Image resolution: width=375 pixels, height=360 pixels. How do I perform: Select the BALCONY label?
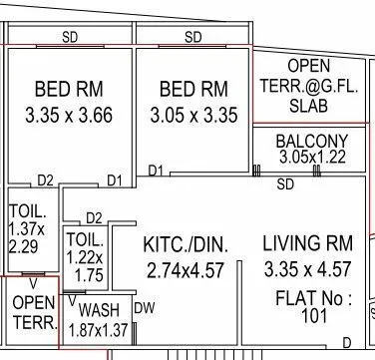(x=312, y=141)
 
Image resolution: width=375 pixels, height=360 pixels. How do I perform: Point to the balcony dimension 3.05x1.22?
(x=311, y=158)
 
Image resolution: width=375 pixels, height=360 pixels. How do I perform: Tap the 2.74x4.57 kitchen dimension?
(x=187, y=269)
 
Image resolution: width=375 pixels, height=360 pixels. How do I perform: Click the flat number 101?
(x=315, y=317)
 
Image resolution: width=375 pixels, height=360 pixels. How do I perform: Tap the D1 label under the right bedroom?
(x=155, y=172)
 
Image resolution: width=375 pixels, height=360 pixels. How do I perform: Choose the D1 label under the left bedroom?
(x=114, y=180)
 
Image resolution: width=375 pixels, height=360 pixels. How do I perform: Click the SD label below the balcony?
(x=285, y=184)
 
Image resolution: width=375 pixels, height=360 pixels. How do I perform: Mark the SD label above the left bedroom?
(x=70, y=37)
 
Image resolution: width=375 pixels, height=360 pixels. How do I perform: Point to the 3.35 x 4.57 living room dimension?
(x=308, y=269)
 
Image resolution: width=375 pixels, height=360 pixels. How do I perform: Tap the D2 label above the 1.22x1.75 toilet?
(x=93, y=217)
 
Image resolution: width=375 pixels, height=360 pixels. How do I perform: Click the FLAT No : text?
(x=314, y=298)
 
